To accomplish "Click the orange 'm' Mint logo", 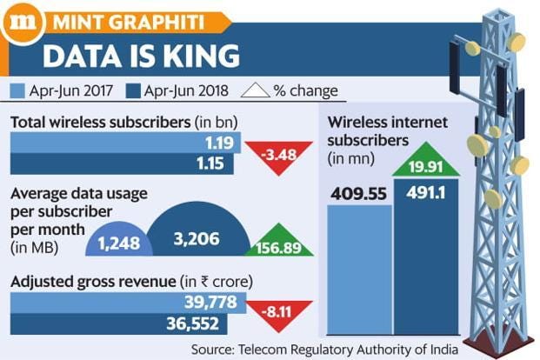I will click(18, 19).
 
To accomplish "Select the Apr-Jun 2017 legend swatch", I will click(19, 90).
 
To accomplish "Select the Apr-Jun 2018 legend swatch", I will click(133, 90).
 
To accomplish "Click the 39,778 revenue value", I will click(203, 302).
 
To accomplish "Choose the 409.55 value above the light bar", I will click(357, 189).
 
